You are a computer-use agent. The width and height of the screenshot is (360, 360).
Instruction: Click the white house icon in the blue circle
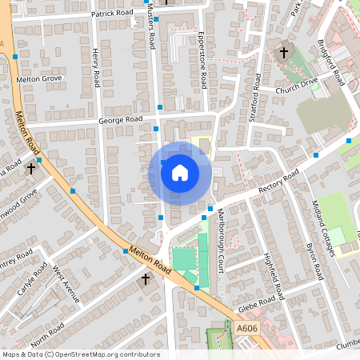(179, 173)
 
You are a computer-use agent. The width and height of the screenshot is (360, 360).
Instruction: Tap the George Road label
(120, 120)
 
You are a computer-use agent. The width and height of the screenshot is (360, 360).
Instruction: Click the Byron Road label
(314, 260)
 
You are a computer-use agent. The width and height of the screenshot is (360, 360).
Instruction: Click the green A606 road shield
(246, 328)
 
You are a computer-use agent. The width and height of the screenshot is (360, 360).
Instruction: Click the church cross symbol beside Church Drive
(283, 53)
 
